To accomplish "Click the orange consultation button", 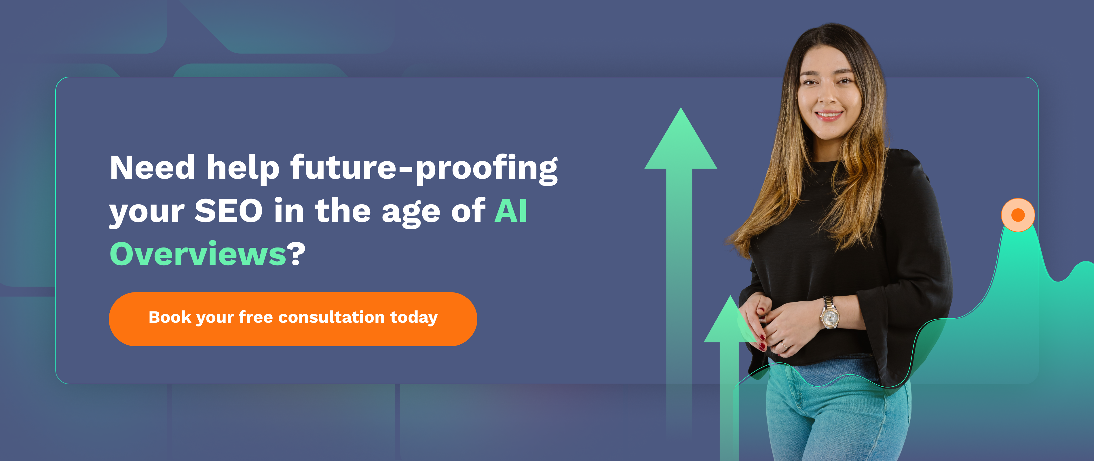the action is pos(293,319).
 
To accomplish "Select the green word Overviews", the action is pos(198,254).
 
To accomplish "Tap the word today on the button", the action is pos(414,318).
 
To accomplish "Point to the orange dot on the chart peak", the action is pos(1018,215).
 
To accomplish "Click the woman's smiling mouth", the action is pos(829,115).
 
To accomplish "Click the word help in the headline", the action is pos(243,169).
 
